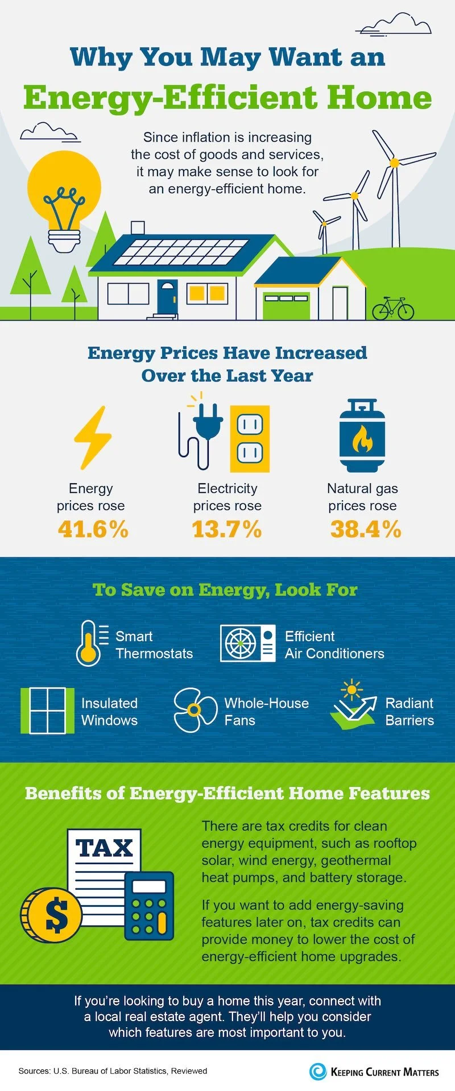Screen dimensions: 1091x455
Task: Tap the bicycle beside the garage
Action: click(393, 309)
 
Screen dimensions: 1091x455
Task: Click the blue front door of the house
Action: click(167, 297)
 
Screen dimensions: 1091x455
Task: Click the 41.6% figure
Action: click(93, 529)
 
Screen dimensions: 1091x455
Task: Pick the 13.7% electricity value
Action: click(227, 529)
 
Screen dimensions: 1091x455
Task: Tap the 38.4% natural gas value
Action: click(365, 529)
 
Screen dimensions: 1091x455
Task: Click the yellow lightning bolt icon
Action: click(93, 437)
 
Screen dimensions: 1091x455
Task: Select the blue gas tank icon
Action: click(362, 436)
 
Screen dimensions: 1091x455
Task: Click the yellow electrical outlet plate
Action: click(250, 438)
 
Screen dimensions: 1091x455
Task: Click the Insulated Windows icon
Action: click(47, 711)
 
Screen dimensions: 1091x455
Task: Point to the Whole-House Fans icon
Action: click(195, 710)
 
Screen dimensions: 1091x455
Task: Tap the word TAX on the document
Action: click(104, 849)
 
